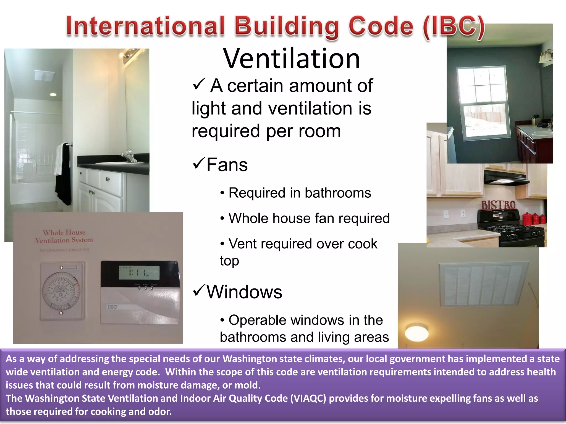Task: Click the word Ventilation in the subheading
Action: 292,59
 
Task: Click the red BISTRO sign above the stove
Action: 498,205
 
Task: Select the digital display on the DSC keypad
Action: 139,273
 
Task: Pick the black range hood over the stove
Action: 506,179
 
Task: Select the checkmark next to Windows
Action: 199,290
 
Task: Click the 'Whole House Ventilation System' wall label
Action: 64,236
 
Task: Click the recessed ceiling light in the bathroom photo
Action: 53,95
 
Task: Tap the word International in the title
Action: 145,26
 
